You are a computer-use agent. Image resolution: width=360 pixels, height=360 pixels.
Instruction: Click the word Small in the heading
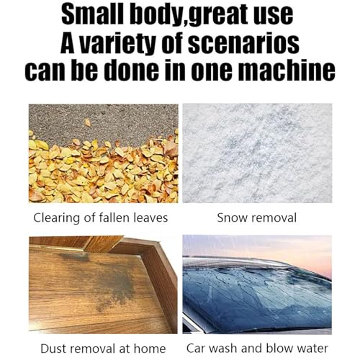click(94, 14)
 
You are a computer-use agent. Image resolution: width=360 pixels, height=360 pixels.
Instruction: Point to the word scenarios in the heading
click(243, 44)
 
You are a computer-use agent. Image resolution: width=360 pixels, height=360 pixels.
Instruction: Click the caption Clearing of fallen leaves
click(101, 218)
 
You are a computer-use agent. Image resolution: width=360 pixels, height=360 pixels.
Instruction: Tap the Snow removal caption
click(257, 218)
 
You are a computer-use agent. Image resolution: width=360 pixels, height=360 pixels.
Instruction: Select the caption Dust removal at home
click(103, 348)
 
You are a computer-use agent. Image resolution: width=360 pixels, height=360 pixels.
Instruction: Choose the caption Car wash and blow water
click(257, 348)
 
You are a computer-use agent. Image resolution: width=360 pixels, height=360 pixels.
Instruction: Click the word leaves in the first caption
click(150, 217)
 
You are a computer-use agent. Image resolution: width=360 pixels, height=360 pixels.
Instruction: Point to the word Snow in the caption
click(232, 218)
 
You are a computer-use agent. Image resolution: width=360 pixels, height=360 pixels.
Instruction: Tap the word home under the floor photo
click(150, 348)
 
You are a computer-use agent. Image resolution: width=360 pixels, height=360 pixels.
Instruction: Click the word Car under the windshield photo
click(196, 348)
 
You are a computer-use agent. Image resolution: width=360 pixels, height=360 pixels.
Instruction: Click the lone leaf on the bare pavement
click(88, 122)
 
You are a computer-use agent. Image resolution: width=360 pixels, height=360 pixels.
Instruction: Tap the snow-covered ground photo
click(257, 153)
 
